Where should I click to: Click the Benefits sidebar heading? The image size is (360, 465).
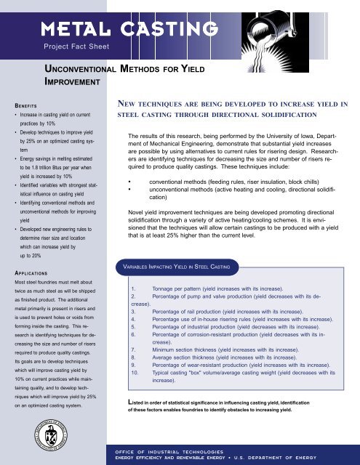click(x=19, y=104)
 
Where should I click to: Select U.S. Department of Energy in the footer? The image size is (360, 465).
click(x=304, y=458)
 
